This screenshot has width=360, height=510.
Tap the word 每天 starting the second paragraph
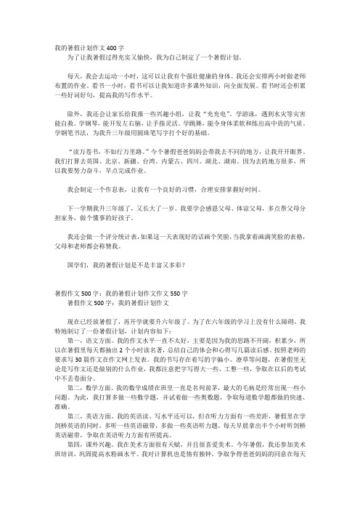pyautogui.click(x=73, y=75)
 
